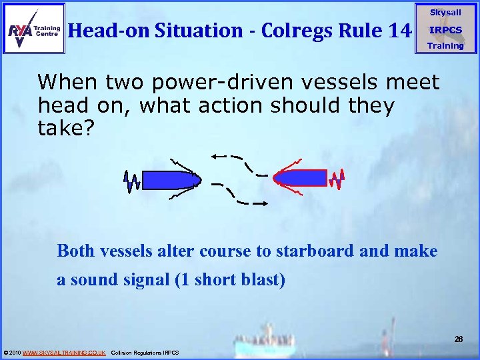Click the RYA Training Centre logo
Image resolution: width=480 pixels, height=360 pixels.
pos(33,28)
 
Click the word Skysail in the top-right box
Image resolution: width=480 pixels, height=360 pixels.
pos(445,13)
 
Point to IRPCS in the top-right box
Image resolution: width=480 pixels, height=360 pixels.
pos(445,30)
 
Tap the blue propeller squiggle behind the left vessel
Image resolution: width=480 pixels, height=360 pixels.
pos(131,180)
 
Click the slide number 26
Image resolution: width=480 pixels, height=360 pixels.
pos(459,339)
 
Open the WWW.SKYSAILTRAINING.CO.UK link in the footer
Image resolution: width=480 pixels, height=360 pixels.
pos(64,353)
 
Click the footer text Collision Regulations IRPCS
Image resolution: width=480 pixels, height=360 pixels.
pos(145,353)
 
